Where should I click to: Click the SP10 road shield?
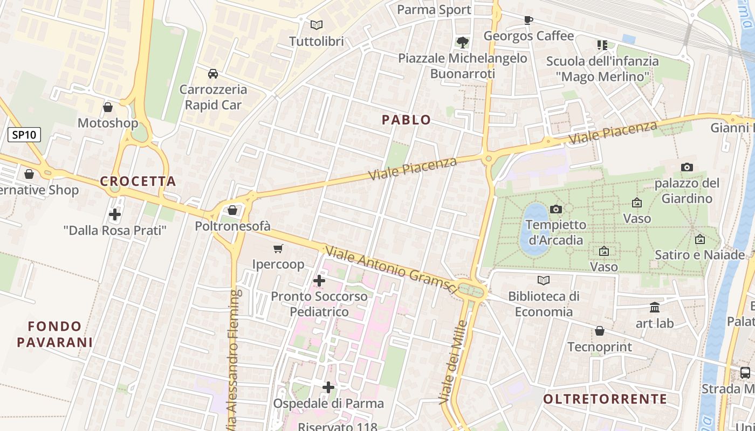point(24,135)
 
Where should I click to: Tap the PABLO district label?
point(407,120)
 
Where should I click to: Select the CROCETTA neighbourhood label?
point(138,182)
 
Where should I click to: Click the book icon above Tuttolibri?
point(317,25)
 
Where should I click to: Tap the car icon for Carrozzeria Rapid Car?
point(213,73)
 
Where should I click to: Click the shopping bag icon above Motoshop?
point(108,107)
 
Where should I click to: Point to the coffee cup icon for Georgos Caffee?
point(528,20)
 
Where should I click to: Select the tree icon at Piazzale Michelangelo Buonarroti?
point(462,41)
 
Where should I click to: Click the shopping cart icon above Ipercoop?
point(278,248)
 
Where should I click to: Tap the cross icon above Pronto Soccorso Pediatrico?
point(319,281)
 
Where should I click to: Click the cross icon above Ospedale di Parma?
point(328,387)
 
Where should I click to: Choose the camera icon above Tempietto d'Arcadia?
point(555,209)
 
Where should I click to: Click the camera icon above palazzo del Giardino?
point(687,167)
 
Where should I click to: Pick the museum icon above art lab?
point(655,307)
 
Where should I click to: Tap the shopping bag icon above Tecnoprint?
point(599,331)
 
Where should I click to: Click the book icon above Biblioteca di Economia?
point(544,280)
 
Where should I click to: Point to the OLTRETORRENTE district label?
point(605,399)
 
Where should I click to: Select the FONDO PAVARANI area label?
point(54,334)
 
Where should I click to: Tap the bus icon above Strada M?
point(745,372)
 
